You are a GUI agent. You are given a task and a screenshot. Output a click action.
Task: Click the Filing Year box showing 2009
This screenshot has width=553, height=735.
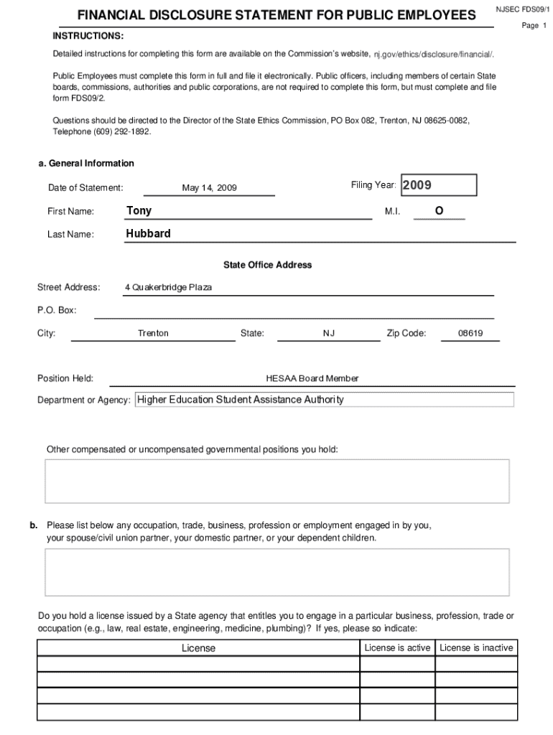(438, 185)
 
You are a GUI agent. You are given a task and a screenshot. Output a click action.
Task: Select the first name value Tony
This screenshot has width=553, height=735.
(139, 210)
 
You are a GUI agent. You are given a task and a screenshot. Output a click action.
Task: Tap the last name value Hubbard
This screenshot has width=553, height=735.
(148, 233)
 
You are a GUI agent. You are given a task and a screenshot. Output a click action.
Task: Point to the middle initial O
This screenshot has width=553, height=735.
(439, 210)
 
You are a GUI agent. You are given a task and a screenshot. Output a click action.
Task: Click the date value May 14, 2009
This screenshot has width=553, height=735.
(209, 188)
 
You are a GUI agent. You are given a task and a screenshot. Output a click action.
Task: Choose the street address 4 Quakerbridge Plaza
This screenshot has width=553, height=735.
(168, 288)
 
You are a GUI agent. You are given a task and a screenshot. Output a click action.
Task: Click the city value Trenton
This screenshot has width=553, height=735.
(153, 334)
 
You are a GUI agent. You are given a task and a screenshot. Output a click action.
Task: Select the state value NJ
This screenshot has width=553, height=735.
(329, 334)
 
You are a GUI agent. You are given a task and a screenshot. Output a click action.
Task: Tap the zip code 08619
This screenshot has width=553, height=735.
(470, 334)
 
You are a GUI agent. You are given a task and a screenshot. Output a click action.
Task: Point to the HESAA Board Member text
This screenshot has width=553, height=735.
(312, 378)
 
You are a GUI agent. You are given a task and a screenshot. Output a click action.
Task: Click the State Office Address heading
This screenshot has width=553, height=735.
(267, 265)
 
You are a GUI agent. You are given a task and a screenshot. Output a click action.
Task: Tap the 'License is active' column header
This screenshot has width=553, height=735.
(397, 647)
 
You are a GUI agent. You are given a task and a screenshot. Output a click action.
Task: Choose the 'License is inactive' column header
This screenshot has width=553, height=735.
(476, 647)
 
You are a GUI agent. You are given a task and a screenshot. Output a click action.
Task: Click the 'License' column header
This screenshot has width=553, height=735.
(198, 648)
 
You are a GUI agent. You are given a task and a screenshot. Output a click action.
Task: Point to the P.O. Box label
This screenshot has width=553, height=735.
(57, 311)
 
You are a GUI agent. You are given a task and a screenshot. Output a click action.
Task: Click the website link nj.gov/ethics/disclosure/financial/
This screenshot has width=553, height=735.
(433, 55)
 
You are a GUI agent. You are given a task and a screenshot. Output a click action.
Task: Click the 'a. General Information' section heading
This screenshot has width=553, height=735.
(86, 164)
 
